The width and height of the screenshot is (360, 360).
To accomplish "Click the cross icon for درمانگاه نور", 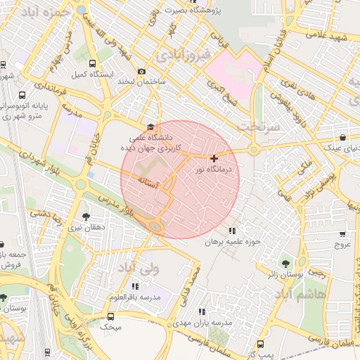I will (214, 158).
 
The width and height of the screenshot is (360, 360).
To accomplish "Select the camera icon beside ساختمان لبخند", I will (142, 72).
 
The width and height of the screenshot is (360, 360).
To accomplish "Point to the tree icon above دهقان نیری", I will (86, 217).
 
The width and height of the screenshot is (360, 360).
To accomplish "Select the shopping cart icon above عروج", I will (342, 234).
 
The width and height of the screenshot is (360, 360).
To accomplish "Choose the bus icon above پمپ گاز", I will (261, 345).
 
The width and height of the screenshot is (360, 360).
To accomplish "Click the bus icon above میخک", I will (111, 316).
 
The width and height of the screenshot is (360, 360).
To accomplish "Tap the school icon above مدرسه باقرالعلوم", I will (134, 286).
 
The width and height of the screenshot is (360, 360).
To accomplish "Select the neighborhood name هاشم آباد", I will (321, 295).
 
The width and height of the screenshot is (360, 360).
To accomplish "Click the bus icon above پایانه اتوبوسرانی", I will (22, 95).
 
